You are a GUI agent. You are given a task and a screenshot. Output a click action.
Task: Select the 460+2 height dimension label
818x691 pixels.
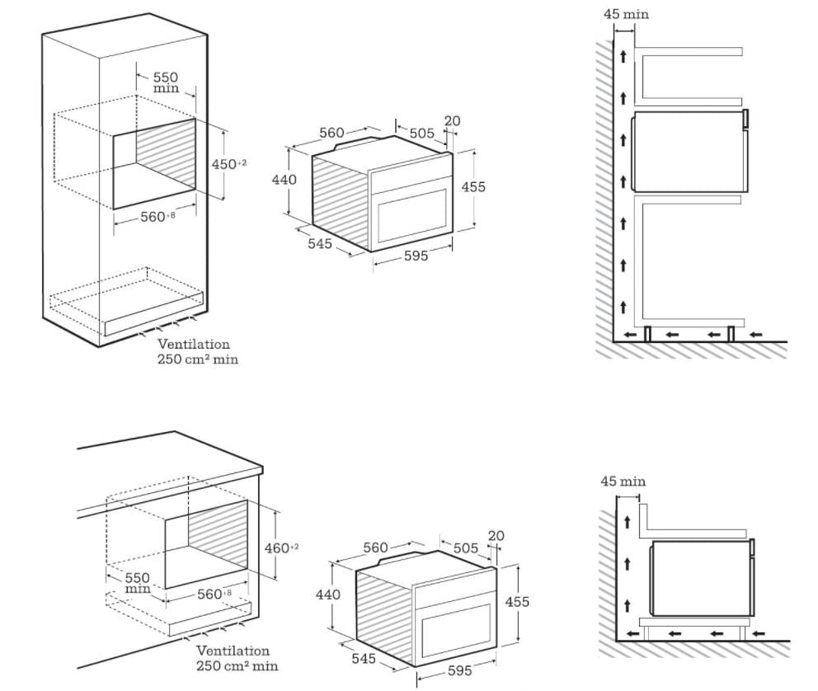(x=281, y=547)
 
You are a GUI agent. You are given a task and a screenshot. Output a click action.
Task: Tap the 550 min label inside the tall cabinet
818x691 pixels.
(x=165, y=82)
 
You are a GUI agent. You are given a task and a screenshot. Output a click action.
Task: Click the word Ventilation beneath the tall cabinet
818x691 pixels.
(x=194, y=344)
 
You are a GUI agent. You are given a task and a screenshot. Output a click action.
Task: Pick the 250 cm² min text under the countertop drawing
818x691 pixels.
(x=237, y=665)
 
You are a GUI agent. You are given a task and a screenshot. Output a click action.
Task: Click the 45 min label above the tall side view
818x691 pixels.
(x=626, y=14)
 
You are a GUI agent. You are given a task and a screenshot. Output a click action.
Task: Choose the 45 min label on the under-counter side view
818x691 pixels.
(x=623, y=482)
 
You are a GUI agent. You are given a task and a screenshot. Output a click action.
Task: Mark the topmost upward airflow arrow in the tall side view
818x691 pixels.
(x=623, y=57)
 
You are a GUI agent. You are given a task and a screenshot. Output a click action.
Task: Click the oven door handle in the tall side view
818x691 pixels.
(x=745, y=118)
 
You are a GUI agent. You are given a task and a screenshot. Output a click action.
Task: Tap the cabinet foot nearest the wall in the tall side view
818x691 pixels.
(x=647, y=333)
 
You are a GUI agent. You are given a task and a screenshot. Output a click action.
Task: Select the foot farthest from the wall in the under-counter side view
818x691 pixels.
(x=749, y=632)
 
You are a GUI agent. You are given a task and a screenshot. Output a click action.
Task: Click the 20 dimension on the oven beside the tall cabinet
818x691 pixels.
(x=452, y=121)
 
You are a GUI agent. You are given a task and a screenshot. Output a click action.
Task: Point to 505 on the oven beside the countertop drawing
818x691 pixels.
(x=465, y=548)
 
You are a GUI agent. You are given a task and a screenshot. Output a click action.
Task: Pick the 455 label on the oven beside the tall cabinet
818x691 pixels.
(x=472, y=187)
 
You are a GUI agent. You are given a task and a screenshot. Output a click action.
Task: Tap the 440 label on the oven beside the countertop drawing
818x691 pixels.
(x=328, y=595)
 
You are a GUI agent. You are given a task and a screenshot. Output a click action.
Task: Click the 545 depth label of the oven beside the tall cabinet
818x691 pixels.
(x=320, y=243)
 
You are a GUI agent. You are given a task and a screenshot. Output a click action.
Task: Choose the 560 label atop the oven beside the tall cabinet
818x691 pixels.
(x=331, y=133)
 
